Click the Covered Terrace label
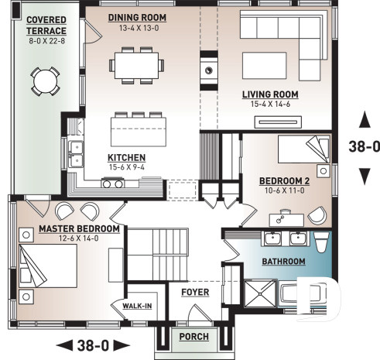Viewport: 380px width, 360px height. (46, 25)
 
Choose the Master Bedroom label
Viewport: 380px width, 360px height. (79, 229)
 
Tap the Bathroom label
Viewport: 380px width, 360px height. (282, 262)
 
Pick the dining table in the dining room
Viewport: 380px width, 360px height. (135, 64)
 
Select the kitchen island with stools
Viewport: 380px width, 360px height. (139, 125)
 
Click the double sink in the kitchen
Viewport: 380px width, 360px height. (75, 154)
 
